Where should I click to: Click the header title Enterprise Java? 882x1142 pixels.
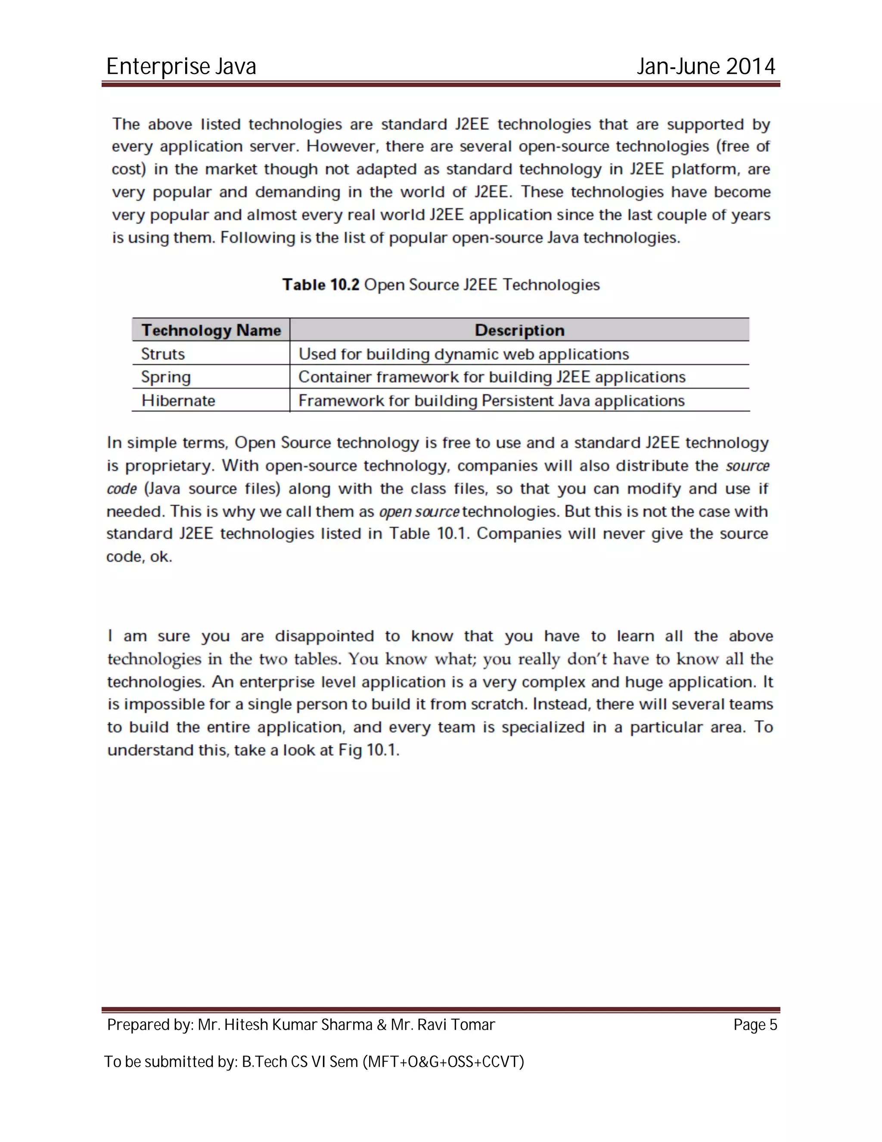pyautogui.click(x=181, y=66)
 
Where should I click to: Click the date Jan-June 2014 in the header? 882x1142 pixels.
pyautogui.click(x=705, y=66)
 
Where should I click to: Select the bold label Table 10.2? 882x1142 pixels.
pyautogui.click(x=321, y=285)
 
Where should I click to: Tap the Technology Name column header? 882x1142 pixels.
pyautogui.click(x=211, y=331)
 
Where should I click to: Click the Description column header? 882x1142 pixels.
pyautogui.click(x=519, y=331)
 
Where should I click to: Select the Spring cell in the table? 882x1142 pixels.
pyautogui.click(x=166, y=377)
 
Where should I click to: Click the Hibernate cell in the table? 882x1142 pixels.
pyautogui.click(x=178, y=400)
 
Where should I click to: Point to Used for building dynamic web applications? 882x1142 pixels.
pyautogui.click(x=463, y=354)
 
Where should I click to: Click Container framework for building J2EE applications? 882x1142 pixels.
pyautogui.click(x=492, y=377)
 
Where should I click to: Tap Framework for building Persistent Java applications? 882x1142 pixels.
pyautogui.click(x=491, y=400)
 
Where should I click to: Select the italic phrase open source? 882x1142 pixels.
pyautogui.click(x=419, y=512)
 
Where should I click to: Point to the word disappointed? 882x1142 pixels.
pyautogui.click(x=324, y=637)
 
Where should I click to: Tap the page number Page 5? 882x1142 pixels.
pyautogui.click(x=755, y=1025)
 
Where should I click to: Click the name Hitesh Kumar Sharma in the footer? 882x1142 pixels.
pyautogui.click(x=298, y=1025)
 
